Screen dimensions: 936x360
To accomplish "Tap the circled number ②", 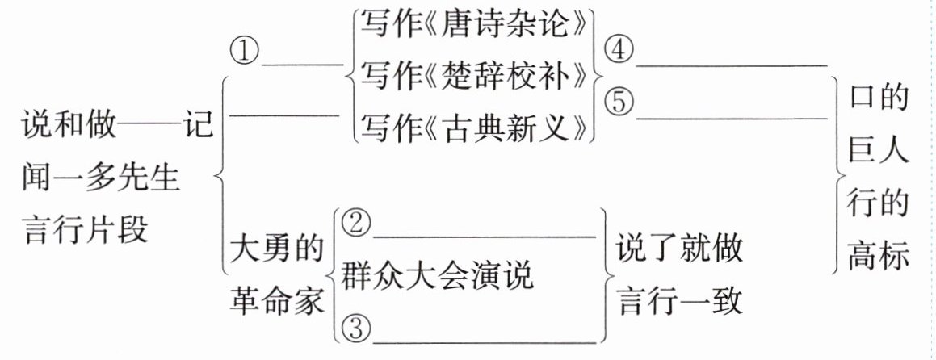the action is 355,225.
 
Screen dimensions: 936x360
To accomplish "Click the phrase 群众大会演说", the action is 437,277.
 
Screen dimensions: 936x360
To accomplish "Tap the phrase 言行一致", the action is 680,302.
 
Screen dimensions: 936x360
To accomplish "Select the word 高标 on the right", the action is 879,255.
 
